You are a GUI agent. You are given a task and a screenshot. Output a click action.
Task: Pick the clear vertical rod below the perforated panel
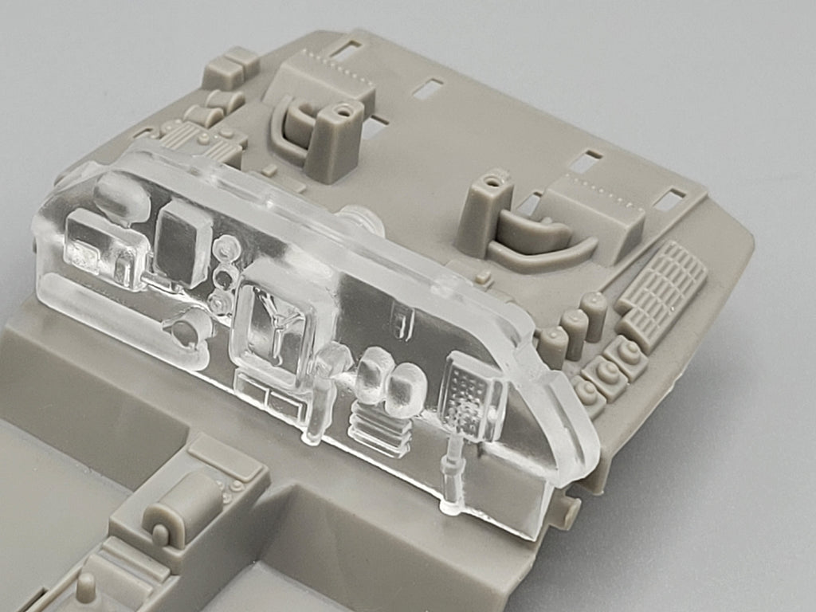point(453,470)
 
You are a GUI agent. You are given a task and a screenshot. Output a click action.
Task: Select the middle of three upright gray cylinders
point(575,327)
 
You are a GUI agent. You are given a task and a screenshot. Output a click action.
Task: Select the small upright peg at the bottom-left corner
point(86,587)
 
